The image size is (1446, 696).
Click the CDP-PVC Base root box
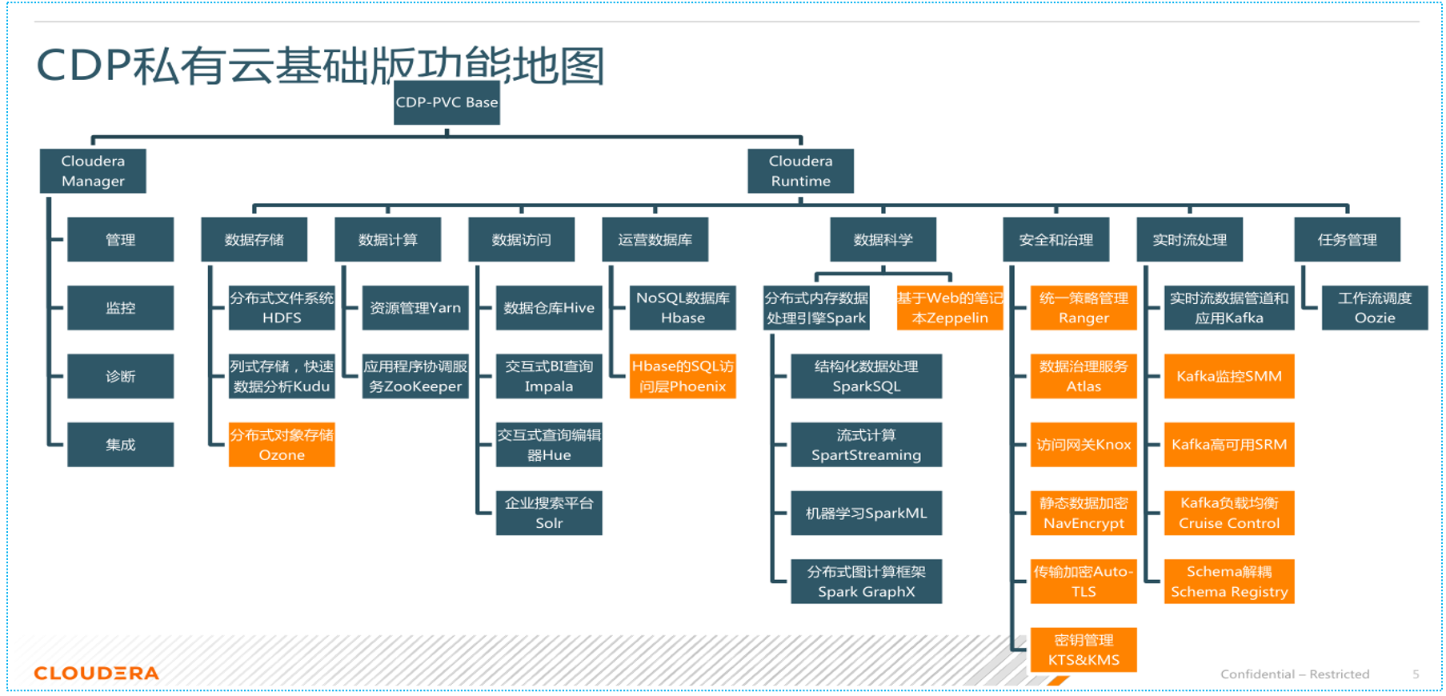447,102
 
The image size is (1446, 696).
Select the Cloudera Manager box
93,171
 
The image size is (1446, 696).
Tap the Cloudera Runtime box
800,171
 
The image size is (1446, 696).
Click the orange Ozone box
282,445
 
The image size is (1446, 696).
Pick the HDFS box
282,308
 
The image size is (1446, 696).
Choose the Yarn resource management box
415,308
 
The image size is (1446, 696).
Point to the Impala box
549,376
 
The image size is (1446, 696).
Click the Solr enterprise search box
549,513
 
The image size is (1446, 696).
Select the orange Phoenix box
683,376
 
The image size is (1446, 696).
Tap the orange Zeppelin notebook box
950,308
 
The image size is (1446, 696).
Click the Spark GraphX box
866,582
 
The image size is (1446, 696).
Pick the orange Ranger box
1083,308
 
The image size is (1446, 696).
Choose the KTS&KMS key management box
1083,650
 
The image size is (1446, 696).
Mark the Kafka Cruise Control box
1229,513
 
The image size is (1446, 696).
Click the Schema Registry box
1229,582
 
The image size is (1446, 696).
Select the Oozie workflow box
1375,308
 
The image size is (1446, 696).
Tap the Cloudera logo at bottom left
97,674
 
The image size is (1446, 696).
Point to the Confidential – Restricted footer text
1295,674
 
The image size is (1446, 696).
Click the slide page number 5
1416,674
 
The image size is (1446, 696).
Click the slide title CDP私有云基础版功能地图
320,66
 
